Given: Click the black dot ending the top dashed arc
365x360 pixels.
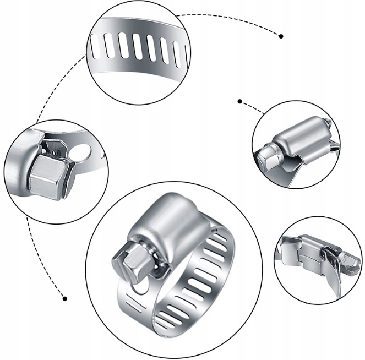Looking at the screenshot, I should pos(281,36).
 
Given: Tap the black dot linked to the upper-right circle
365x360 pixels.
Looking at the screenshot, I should pos(239,101).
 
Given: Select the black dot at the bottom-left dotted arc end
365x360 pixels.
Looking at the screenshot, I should pos(64,298).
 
